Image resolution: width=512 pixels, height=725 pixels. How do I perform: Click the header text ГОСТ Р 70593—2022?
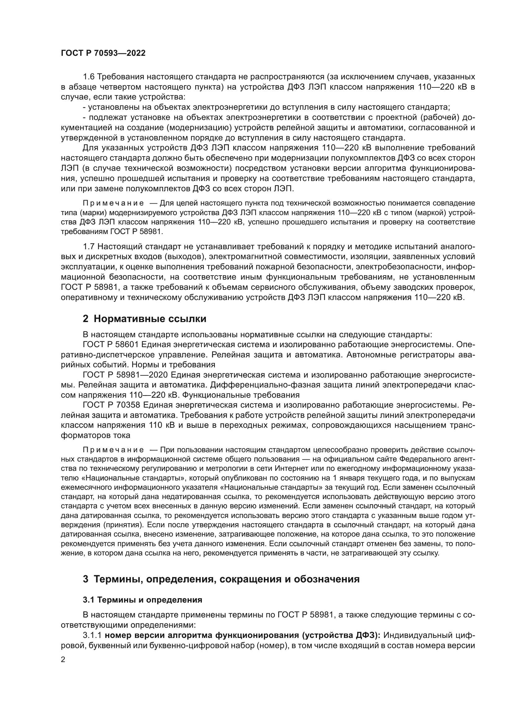click(103, 53)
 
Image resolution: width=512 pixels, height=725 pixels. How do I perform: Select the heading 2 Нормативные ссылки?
click(144, 319)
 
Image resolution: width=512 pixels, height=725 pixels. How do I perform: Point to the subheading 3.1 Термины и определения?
click(142, 600)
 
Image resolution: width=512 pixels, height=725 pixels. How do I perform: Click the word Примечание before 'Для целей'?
click(113, 203)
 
